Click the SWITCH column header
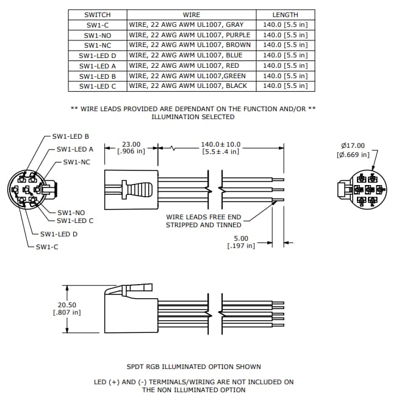click(x=97, y=15)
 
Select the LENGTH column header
click(x=285, y=15)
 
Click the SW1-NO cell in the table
click(x=97, y=35)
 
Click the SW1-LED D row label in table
click(x=97, y=56)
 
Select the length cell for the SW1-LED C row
click(x=285, y=86)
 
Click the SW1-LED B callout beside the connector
click(x=71, y=136)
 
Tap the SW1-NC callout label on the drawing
click(x=77, y=162)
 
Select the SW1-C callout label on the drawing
click(x=47, y=247)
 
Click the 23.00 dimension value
click(x=131, y=145)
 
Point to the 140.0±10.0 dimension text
click(x=220, y=145)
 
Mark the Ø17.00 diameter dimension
click(x=353, y=146)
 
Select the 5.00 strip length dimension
click(x=241, y=238)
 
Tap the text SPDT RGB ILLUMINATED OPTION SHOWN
click(x=193, y=367)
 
